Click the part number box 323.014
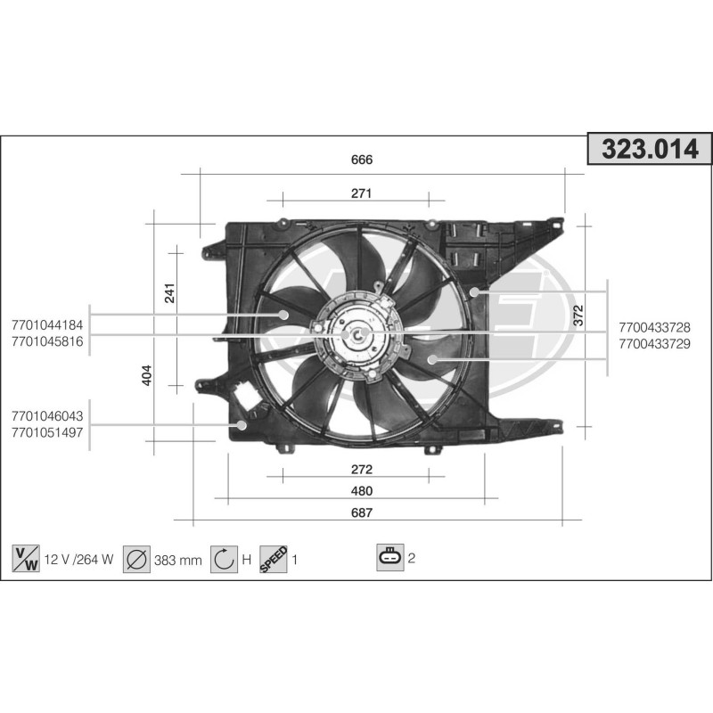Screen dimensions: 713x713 point(650,150)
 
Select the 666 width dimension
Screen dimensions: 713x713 point(361,160)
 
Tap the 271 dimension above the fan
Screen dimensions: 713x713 point(361,193)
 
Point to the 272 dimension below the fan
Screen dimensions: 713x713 point(361,469)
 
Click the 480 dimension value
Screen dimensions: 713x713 point(361,491)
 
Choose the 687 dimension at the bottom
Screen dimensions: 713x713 point(361,512)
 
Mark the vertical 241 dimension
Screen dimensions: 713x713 point(170,292)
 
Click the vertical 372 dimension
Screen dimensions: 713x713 point(578,314)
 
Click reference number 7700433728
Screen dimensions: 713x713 point(653,327)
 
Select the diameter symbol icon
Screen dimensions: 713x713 point(136,559)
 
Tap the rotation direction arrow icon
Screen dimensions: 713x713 point(224,559)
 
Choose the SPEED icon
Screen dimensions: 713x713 point(273,559)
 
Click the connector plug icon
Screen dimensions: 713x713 point(390,558)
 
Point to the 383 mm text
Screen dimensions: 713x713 point(177,560)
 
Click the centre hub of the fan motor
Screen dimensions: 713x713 point(358,334)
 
